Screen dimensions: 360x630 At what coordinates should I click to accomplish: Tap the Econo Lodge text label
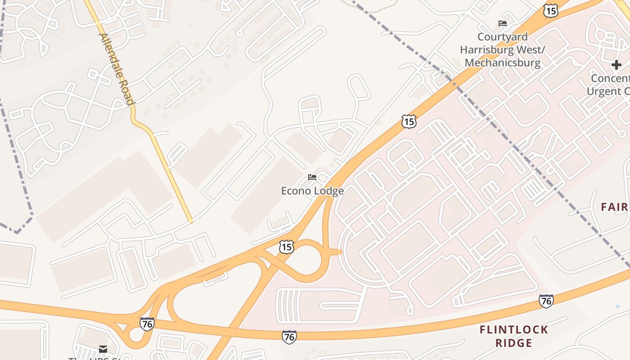pyautogui.click(x=312, y=191)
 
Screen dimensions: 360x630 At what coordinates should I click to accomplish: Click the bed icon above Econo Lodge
pyautogui.click(x=312, y=177)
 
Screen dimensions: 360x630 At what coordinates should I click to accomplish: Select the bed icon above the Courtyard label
pyautogui.click(x=503, y=23)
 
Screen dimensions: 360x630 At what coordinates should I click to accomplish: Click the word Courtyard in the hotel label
pyautogui.click(x=502, y=37)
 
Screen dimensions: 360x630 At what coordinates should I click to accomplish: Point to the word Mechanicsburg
pyautogui.click(x=502, y=63)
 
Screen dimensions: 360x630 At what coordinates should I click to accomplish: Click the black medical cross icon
pyautogui.click(x=616, y=65)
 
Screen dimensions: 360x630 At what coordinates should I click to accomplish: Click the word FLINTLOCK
pyautogui.click(x=514, y=330)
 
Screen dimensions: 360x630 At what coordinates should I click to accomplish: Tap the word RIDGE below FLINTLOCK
pyautogui.click(x=514, y=343)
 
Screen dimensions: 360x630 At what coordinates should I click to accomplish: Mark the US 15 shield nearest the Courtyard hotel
pyautogui.click(x=551, y=11)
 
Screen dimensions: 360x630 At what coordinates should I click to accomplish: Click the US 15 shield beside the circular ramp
pyautogui.click(x=286, y=247)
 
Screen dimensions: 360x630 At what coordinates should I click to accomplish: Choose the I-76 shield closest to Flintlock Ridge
pyautogui.click(x=546, y=301)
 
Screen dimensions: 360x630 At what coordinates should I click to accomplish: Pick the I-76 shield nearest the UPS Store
pyautogui.click(x=147, y=324)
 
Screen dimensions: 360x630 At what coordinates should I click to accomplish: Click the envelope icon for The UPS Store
pyautogui.click(x=103, y=349)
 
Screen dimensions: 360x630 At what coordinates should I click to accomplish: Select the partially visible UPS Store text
pyautogui.click(x=103, y=358)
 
